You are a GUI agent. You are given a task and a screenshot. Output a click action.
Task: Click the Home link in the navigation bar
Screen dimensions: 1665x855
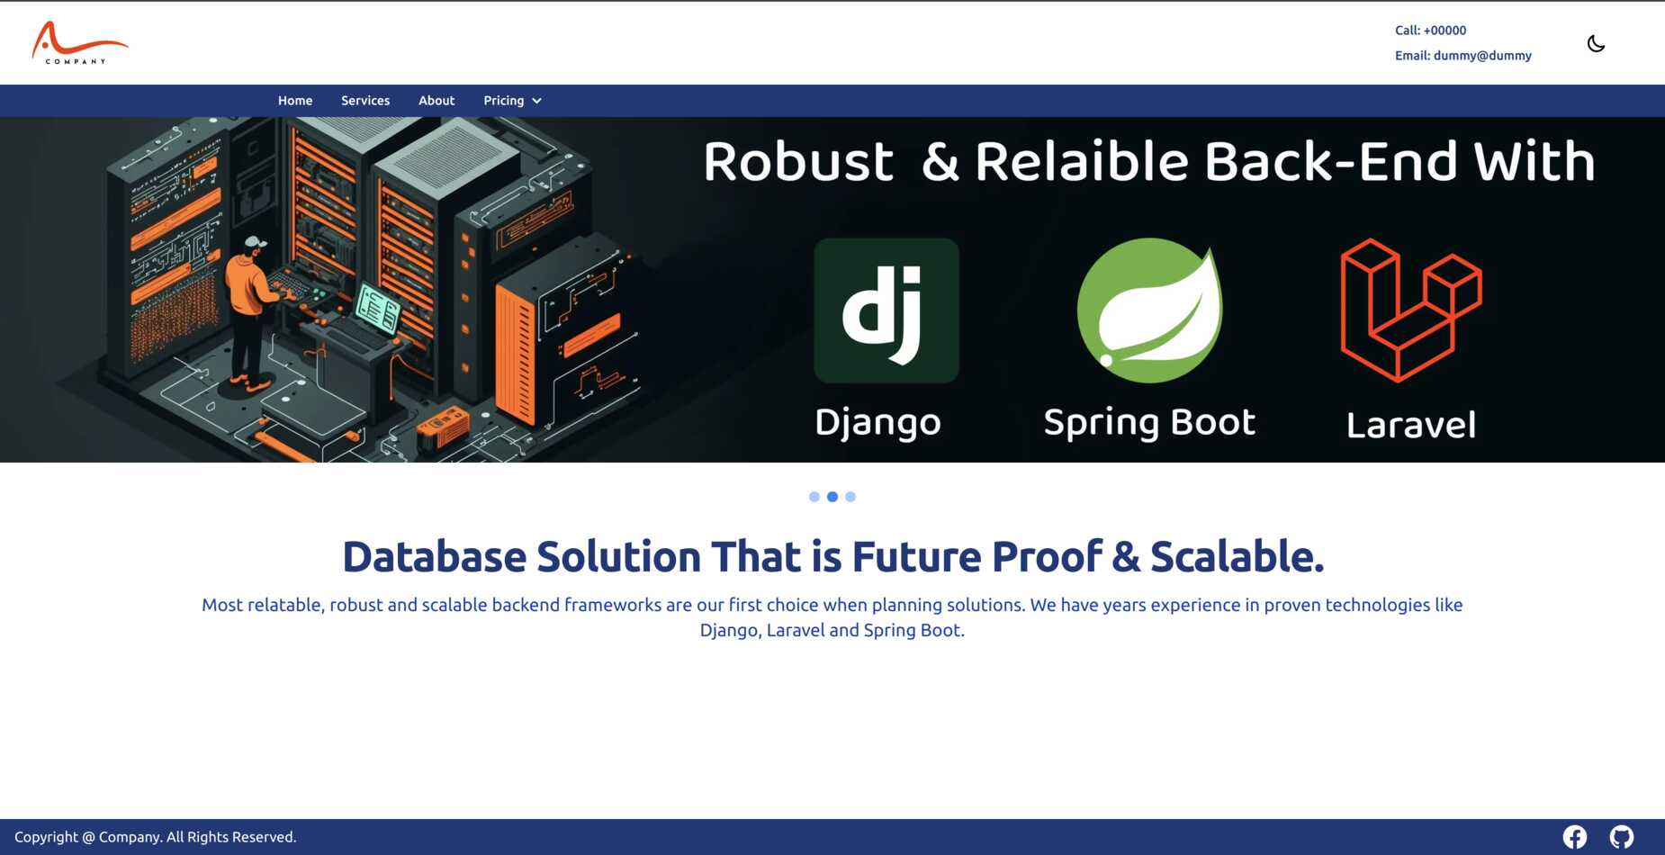click(x=295, y=101)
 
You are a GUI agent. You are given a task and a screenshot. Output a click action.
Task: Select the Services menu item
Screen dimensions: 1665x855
click(x=365, y=101)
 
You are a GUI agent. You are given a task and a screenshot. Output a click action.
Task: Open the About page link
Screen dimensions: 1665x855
click(x=436, y=101)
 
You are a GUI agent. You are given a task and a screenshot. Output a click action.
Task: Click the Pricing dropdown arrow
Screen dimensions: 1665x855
click(x=537, y=101)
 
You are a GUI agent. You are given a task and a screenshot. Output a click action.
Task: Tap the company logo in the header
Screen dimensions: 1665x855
click(x=79, y=43)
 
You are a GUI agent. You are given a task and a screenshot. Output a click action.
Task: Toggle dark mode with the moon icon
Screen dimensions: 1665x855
click(x=1596, y=43)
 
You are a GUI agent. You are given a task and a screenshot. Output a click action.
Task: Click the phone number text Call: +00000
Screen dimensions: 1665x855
click(x=1430, y=31)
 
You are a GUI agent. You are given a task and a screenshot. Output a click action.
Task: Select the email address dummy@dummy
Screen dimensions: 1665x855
click(x=1482, y=56)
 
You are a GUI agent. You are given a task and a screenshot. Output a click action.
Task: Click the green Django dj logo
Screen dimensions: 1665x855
click(x=886, y=310)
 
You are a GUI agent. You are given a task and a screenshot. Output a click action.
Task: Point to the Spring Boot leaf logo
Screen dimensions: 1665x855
click(x=1149, y=310)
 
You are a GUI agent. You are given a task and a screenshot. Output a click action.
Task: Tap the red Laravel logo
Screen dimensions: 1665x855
click(x=1411, y=310)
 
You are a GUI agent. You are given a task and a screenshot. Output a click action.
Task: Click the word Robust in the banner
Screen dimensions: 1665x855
click(x=798, y=162)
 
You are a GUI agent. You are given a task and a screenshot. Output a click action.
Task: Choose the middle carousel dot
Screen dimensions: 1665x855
click(x=832, y=497)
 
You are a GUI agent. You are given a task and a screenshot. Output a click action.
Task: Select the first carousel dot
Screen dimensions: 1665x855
click(x=814, y=497)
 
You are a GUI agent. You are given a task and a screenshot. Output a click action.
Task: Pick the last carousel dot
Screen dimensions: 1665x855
click(x=850, y=497)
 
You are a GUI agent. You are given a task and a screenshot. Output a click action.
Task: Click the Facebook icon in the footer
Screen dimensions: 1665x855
click(x=1575, y=837)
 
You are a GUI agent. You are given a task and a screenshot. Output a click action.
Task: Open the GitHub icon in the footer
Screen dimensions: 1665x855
click(x=1622, y=837)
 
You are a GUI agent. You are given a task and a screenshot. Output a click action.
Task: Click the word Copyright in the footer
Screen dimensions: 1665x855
click(x=47, y=837)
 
